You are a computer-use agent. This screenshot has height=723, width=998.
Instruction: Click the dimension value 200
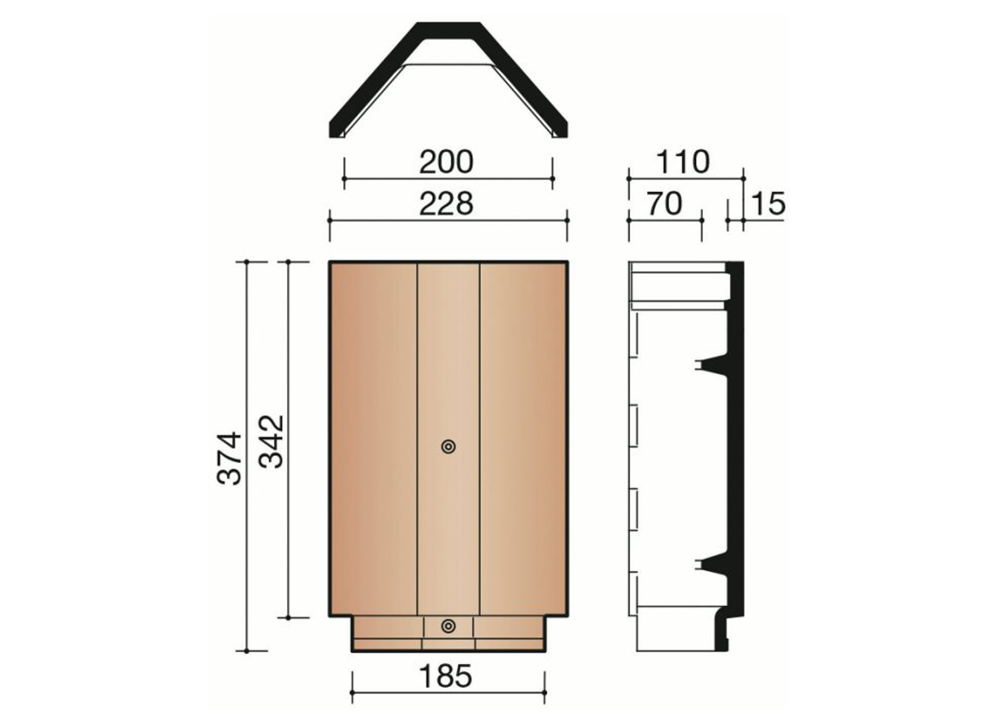tap(446, 162)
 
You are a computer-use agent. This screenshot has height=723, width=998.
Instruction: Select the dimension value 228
tap(446, 204)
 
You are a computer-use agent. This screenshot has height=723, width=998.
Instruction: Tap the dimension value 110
tap(683, 162)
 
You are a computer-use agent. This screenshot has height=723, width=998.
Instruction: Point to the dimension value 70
tap(664, 204)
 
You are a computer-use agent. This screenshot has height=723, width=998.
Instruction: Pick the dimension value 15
tap(768, 204)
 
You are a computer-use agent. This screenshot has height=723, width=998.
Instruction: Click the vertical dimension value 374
tap(229, 458)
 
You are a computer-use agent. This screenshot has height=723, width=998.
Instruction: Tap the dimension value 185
tap(445, 676)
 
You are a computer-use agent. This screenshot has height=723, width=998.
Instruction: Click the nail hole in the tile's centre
tap(448, 447)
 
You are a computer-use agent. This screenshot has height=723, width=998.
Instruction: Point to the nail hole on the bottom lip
tap(448, 626)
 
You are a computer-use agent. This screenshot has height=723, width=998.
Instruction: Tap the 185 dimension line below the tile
tap(448, 693)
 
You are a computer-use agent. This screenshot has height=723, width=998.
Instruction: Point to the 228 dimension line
tap(448, 220)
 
